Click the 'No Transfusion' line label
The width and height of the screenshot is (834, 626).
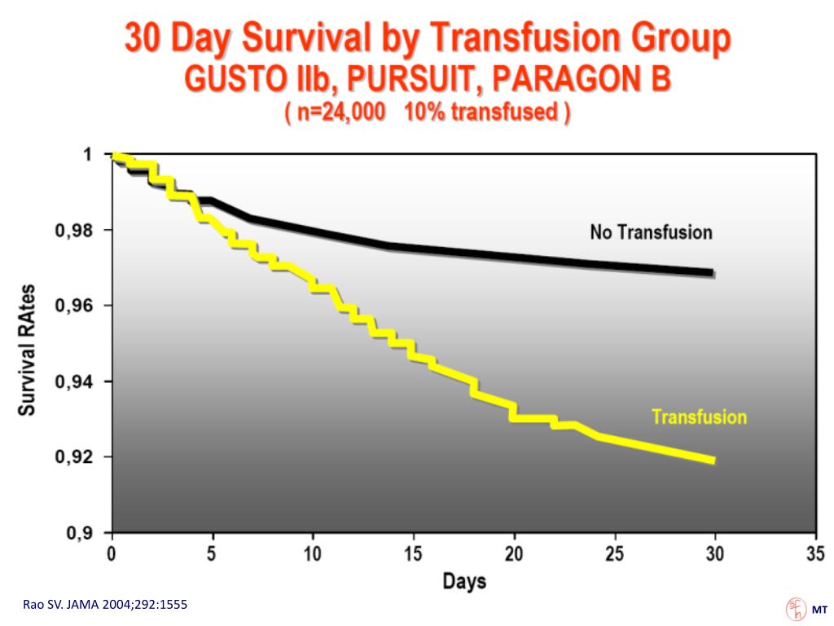click(x=651, y=232)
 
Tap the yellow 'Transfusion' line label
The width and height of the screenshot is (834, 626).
click(x=699, y=417)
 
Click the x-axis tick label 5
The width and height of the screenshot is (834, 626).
click(x=213, y=554)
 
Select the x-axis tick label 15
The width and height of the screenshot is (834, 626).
click(x=414, y=554)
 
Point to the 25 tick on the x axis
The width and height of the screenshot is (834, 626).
click(x=615, y=554)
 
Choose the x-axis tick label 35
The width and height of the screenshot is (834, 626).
click(x=815, y=554)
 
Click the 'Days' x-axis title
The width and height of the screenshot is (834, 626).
click(x=464, y=581)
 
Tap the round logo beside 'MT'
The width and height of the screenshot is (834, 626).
click(x=794, y=609)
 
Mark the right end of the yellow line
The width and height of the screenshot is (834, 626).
click(x=713, y=461)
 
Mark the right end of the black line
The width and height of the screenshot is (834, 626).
click(x=713, y=272)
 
